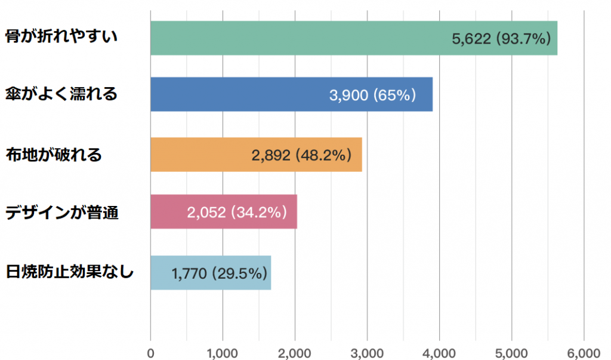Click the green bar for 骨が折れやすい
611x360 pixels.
(x=298, y=38)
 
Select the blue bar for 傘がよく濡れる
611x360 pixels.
(x=239, y=94)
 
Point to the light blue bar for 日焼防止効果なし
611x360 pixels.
(x=161, y=273)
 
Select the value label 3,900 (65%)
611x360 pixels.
(x=372, y=95)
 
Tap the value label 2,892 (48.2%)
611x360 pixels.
(x=301, y=155)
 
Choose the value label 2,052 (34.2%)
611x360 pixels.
(x=237, y=212)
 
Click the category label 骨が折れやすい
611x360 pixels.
(x=61, y=36)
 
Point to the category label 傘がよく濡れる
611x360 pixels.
(x=61, y=94)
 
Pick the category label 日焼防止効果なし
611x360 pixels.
(x=69, y=272)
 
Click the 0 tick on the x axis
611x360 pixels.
(x=150, y=352)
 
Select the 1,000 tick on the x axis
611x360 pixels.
(x=223, y=352)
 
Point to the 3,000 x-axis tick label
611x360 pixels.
(x=367, y=352)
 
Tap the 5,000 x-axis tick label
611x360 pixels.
(x=511, y=352)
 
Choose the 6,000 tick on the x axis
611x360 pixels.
(x=584, y=352)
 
